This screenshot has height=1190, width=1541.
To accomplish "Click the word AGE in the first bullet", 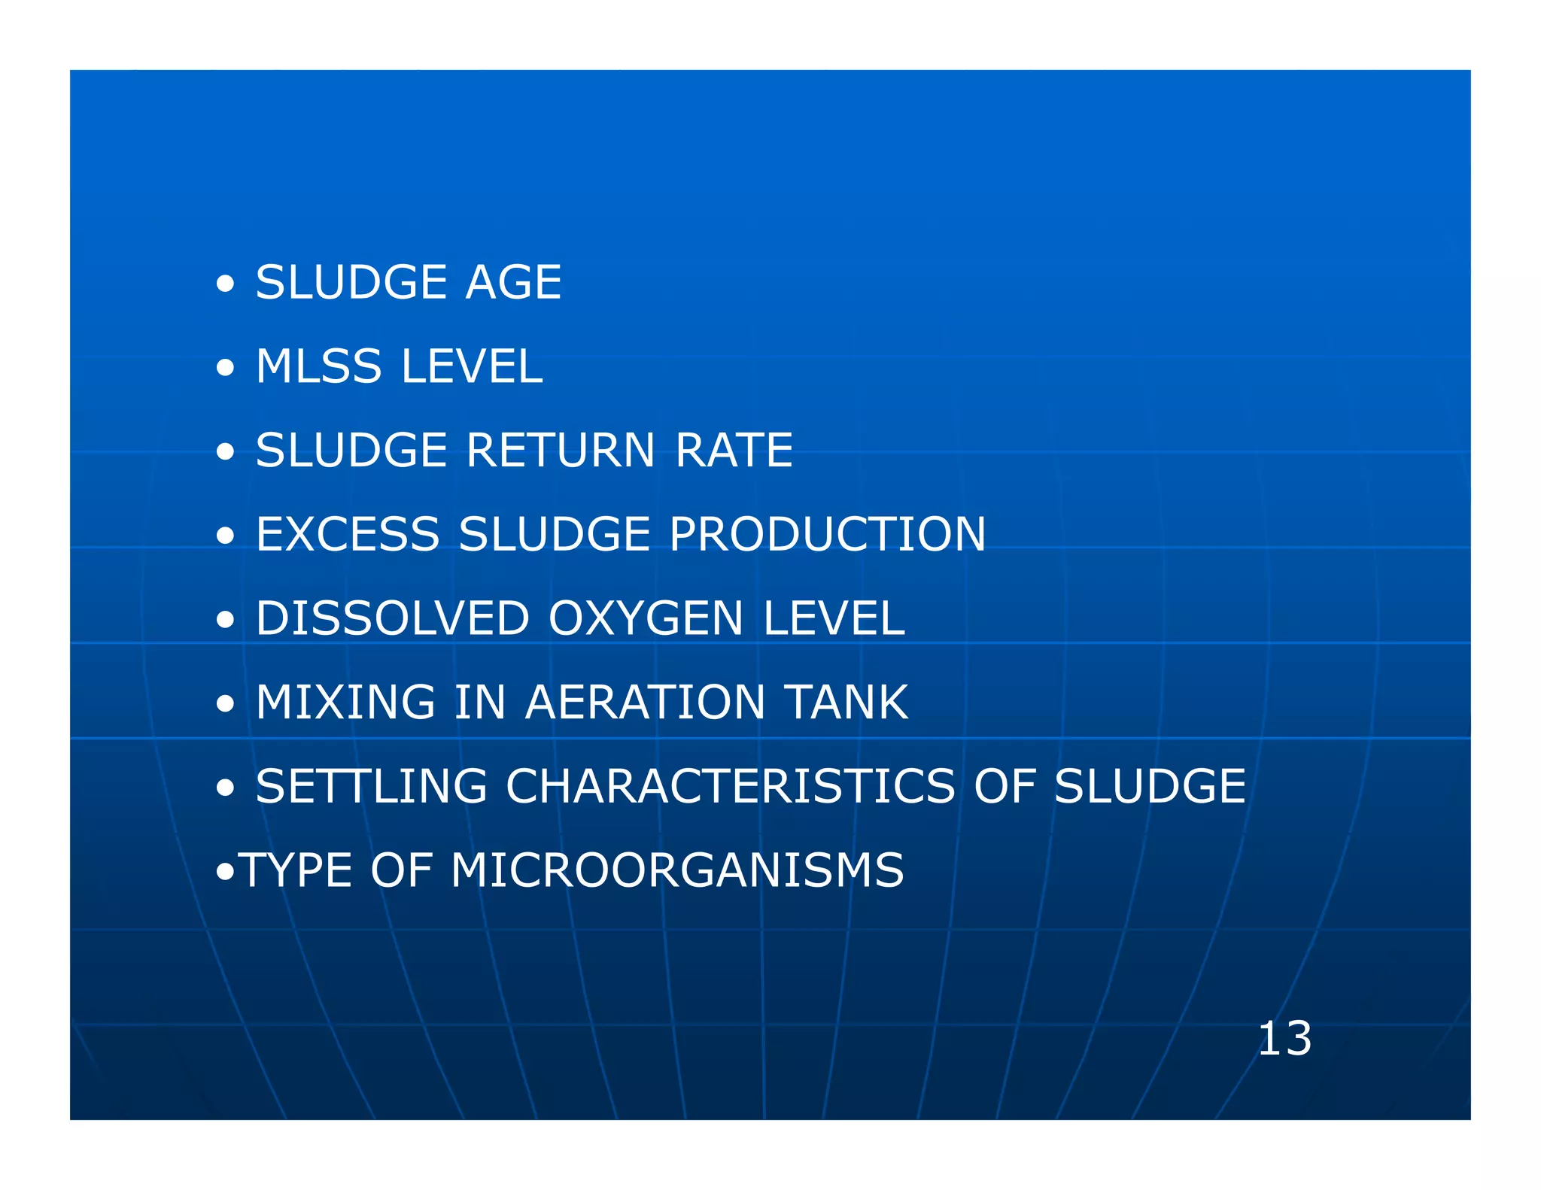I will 513,283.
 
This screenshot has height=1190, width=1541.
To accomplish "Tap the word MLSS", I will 318,367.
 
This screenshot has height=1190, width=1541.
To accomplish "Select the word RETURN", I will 561,451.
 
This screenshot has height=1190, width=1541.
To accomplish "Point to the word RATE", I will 734,451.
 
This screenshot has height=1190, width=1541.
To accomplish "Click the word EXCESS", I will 348,535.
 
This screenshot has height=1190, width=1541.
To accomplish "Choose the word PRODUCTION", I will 827,535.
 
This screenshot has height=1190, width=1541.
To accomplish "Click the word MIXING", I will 345,703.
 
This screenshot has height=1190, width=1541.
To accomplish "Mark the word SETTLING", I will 371,787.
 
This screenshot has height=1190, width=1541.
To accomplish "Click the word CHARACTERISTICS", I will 731,787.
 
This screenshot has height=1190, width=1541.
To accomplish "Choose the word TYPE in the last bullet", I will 295,871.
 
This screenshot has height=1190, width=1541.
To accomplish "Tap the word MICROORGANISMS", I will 676,871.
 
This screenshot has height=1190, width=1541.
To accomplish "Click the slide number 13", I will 1284,1039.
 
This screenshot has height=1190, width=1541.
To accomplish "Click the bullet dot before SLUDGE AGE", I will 224,285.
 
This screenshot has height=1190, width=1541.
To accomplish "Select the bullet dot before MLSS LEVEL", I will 224,369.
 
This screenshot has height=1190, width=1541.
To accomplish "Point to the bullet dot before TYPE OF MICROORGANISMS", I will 224,873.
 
